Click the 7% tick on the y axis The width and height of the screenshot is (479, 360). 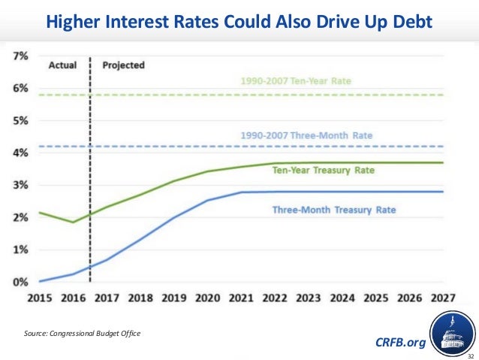(20, 56)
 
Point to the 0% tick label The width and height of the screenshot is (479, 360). (20, 282)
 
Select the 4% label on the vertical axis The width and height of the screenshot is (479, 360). (20, 153)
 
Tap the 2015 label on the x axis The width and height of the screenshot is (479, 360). (39, 298)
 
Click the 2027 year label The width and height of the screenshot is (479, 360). (442, 298)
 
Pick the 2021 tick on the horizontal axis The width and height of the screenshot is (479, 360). (240, 298)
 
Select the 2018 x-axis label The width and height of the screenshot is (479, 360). (140, 298)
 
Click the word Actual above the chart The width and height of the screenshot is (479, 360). (63, 65)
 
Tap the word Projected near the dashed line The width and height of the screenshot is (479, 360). (123, 65)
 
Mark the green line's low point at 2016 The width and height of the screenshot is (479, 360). (73, 222)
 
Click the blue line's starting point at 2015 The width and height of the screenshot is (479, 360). (40, 281)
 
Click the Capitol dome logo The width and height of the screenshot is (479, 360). (453, 336)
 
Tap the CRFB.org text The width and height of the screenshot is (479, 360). (399, 343)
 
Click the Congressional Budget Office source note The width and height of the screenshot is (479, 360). (83, 331)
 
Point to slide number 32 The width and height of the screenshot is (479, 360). (470, 355)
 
